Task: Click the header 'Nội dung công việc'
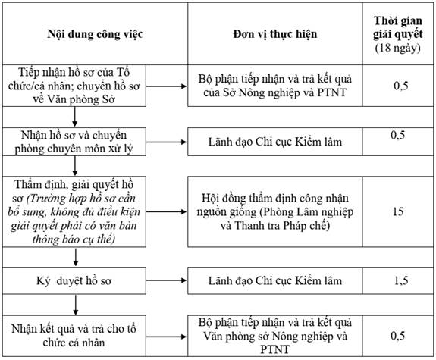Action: pos(95,34)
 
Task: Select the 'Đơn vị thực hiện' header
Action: pos(275,34)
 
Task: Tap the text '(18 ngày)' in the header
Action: pos(397,48)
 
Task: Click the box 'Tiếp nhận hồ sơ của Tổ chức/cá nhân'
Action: pos(74,86)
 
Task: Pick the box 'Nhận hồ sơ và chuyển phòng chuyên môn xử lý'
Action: pos(74,142)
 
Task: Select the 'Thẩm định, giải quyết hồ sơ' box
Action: pos(74,211)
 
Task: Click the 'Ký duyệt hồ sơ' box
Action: pos(74,280)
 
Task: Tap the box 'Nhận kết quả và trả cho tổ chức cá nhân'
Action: pos(74,336)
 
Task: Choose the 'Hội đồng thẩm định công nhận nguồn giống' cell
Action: pos(275,211)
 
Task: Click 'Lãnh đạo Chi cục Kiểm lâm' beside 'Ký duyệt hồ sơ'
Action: pos(275,280)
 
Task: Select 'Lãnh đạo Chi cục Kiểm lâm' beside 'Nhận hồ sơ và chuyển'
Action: pos(275,142)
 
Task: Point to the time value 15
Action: pos(398,211)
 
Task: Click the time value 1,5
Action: pos(400,280)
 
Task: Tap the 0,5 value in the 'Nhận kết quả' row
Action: pos(397,336)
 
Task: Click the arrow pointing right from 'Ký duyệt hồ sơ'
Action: pos(166,280)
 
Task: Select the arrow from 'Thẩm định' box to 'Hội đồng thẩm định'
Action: pos(166,211)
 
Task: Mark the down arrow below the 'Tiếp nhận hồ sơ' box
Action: pos(74,117)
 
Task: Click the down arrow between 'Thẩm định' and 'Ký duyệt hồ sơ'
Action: pos(75,257)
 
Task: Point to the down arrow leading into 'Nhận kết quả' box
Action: pos(75,305)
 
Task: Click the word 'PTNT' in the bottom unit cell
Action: pos(274,349)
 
